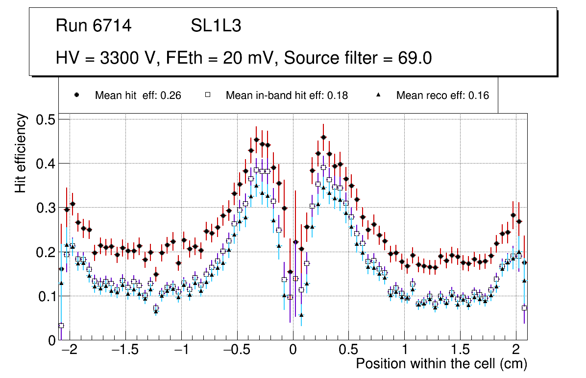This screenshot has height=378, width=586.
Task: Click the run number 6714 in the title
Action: tap(114, 26)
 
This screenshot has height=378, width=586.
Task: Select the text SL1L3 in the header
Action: tap(216, 26)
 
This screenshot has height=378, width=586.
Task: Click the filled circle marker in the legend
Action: tap(76, 95)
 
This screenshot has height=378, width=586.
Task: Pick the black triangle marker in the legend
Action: tap(378, 95)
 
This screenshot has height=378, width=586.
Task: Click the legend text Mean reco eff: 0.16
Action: tap(442, 95)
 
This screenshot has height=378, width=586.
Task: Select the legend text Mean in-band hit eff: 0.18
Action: tap(287, 95)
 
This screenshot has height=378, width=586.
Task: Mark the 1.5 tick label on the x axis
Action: tap(460, 351)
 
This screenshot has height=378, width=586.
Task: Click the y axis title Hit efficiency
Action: tap(21, 153)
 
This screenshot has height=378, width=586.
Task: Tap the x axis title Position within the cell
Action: tap(441, 364)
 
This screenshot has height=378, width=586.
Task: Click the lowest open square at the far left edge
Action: tap(61, 326)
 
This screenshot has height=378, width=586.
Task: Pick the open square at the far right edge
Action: tap(525, 308)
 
